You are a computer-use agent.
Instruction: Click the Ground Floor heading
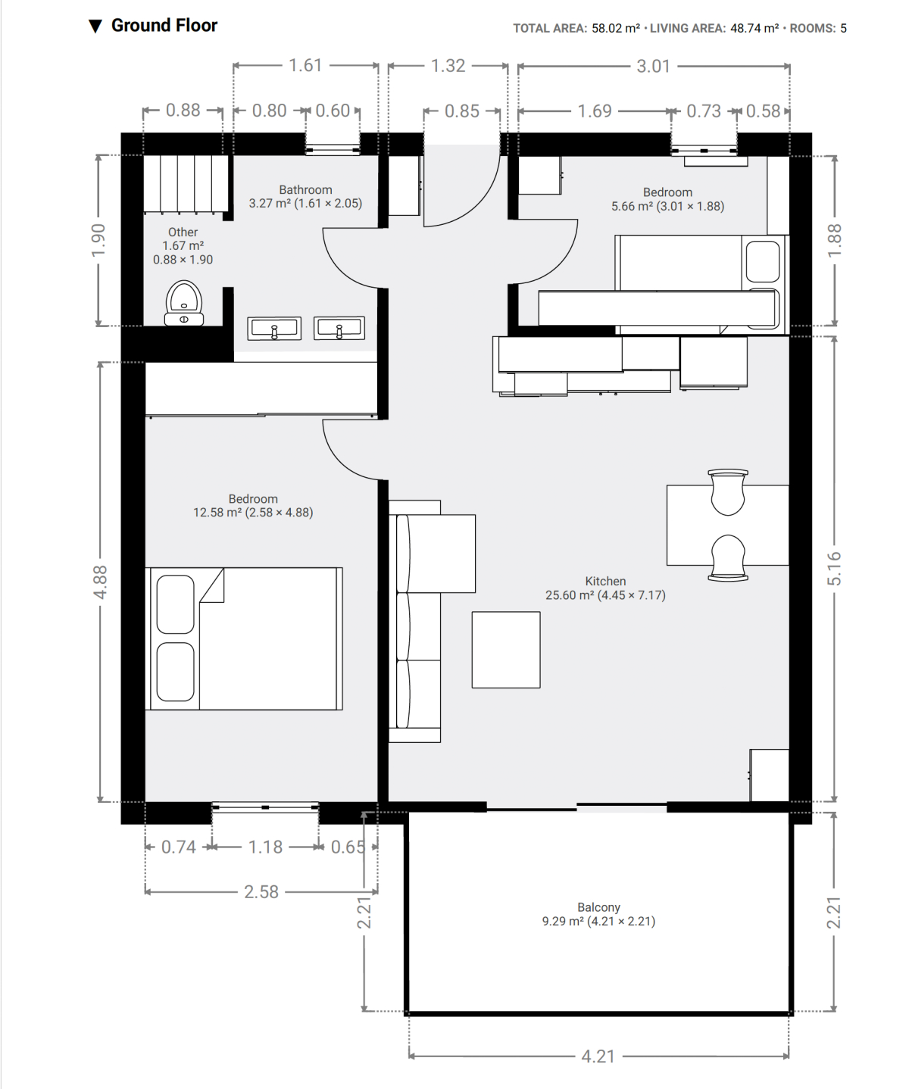click(x=164, y=26)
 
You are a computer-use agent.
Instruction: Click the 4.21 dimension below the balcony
click(x=598, y=1056)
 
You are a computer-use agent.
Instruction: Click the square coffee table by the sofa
click(x=506, y=650)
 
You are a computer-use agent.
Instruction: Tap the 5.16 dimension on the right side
click(x=834, y=568)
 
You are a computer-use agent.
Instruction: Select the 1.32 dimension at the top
click(x=448, y=66)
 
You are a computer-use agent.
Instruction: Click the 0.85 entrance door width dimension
click(x=462, y=111)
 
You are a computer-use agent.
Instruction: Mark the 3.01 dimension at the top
click(x=653, y=66)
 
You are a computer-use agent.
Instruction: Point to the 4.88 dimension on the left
click(x=99, y=582)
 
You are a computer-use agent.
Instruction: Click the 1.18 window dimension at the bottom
click(x=265, y=847)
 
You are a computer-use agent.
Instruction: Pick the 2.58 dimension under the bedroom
click(x=261, y=892)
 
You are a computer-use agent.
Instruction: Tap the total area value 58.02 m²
click(x=616, y=28)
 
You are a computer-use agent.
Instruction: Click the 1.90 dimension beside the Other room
click(x=98, y=240)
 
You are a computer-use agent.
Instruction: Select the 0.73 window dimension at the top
click(x=704, y=111)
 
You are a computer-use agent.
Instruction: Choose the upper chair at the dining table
click(x=728, y=491)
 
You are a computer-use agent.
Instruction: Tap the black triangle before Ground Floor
click(x=95, y=27)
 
